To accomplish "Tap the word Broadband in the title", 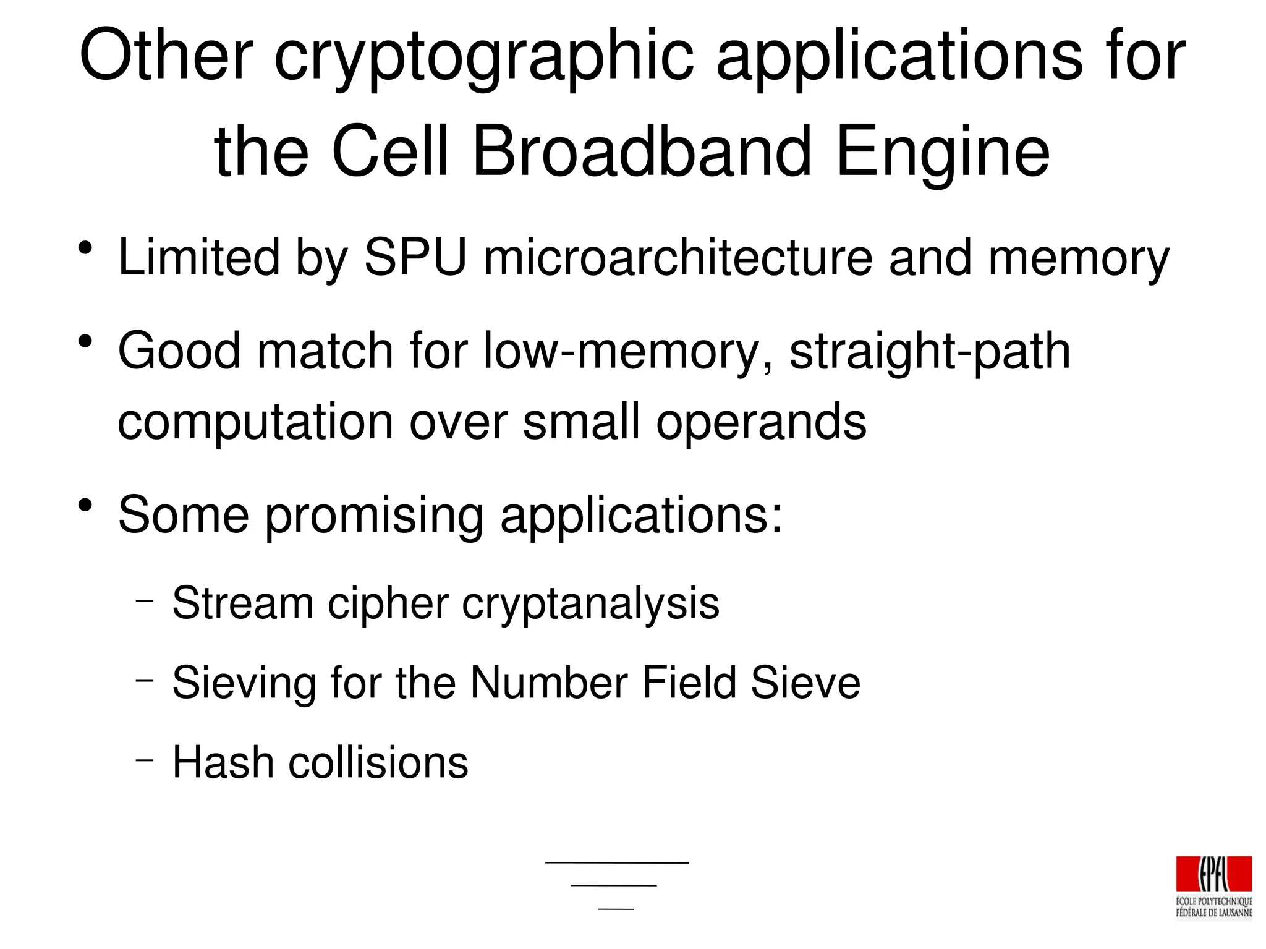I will [x=641, y=152].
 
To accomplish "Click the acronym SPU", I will [x=415, y=257].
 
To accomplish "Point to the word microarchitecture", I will [x=678, y=257].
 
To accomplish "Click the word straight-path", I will [x=929, y=351].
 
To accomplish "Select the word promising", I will [x=375, y=515].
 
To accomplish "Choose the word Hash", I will [x=223, y=762].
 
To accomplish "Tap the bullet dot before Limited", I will [x=85, y=249].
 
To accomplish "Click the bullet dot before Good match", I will [x=85, y=342].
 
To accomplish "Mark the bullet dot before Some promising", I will [x=85, y=506].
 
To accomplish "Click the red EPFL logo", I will [x=1213, y=874].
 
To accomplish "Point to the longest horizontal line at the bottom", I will [x=616, y=862].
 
